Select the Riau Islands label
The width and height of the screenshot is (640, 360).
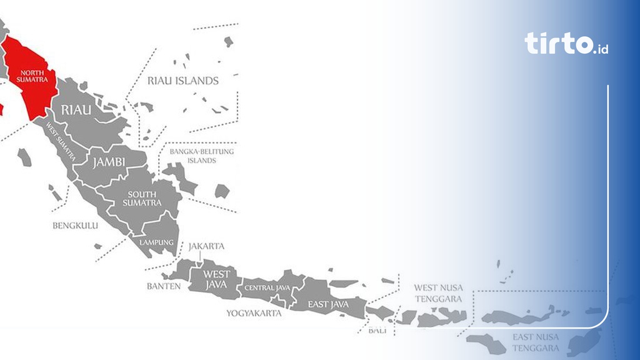click(x=183, y=81)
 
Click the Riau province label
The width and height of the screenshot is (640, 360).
click(x=76, y=110)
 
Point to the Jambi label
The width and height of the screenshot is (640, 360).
click(x=109, y=162)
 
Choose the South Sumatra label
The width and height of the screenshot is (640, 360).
click(x=142, y=199)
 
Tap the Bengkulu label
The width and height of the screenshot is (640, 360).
click(x=75, y=225)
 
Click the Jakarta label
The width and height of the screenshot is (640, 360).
click(x=206, y=246)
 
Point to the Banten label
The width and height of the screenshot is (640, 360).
click(x=164, y=286)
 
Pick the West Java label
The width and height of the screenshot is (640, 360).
click(x=217, y=279)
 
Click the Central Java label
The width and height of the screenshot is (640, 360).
click(x=267, y=287)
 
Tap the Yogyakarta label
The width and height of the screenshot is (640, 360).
click(x=254, y=313)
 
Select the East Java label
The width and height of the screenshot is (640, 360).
click(x=327, y=304)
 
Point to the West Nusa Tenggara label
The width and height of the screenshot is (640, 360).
click(x=439, y=293)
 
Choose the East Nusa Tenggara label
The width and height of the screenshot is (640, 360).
click(x=536, y=342)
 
